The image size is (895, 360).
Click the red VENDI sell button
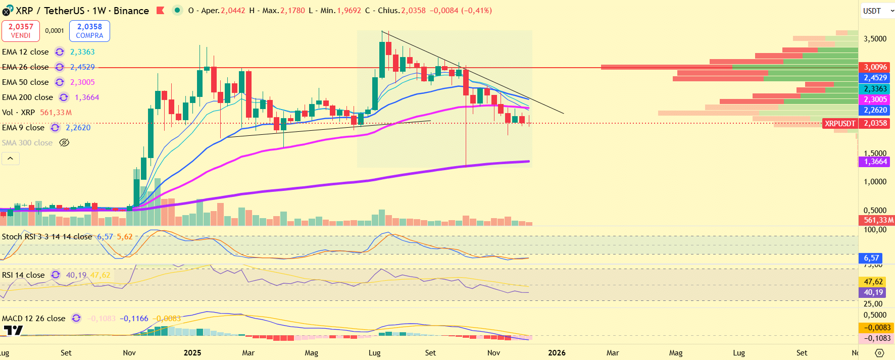21,31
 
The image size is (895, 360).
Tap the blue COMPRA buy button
89,31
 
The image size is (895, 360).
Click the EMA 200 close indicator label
27,97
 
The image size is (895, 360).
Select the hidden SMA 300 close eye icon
64,143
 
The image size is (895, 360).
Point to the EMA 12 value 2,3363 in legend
82,52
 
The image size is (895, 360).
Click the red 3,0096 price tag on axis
875,67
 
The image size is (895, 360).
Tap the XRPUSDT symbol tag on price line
839,123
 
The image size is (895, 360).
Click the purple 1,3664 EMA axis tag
875,162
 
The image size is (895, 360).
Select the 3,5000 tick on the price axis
875,39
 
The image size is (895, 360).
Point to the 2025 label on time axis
192,353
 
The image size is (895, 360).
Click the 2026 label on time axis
557,353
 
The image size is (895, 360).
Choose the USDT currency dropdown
877,11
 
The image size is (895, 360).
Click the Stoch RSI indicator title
46,237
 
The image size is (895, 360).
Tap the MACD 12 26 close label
33,319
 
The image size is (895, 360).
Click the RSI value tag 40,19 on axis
873,292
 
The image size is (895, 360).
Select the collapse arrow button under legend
10,159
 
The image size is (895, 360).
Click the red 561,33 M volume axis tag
877,220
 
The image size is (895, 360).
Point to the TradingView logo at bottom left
13,331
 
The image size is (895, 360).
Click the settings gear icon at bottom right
879,353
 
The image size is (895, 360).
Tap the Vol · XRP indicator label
18,113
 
